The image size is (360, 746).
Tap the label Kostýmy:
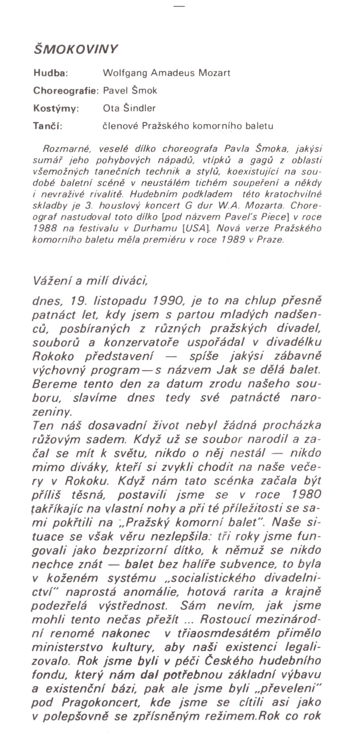pyautogui.click(x=56, y=108)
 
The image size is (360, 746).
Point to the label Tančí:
pyautogui.click(x=48, y=126)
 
